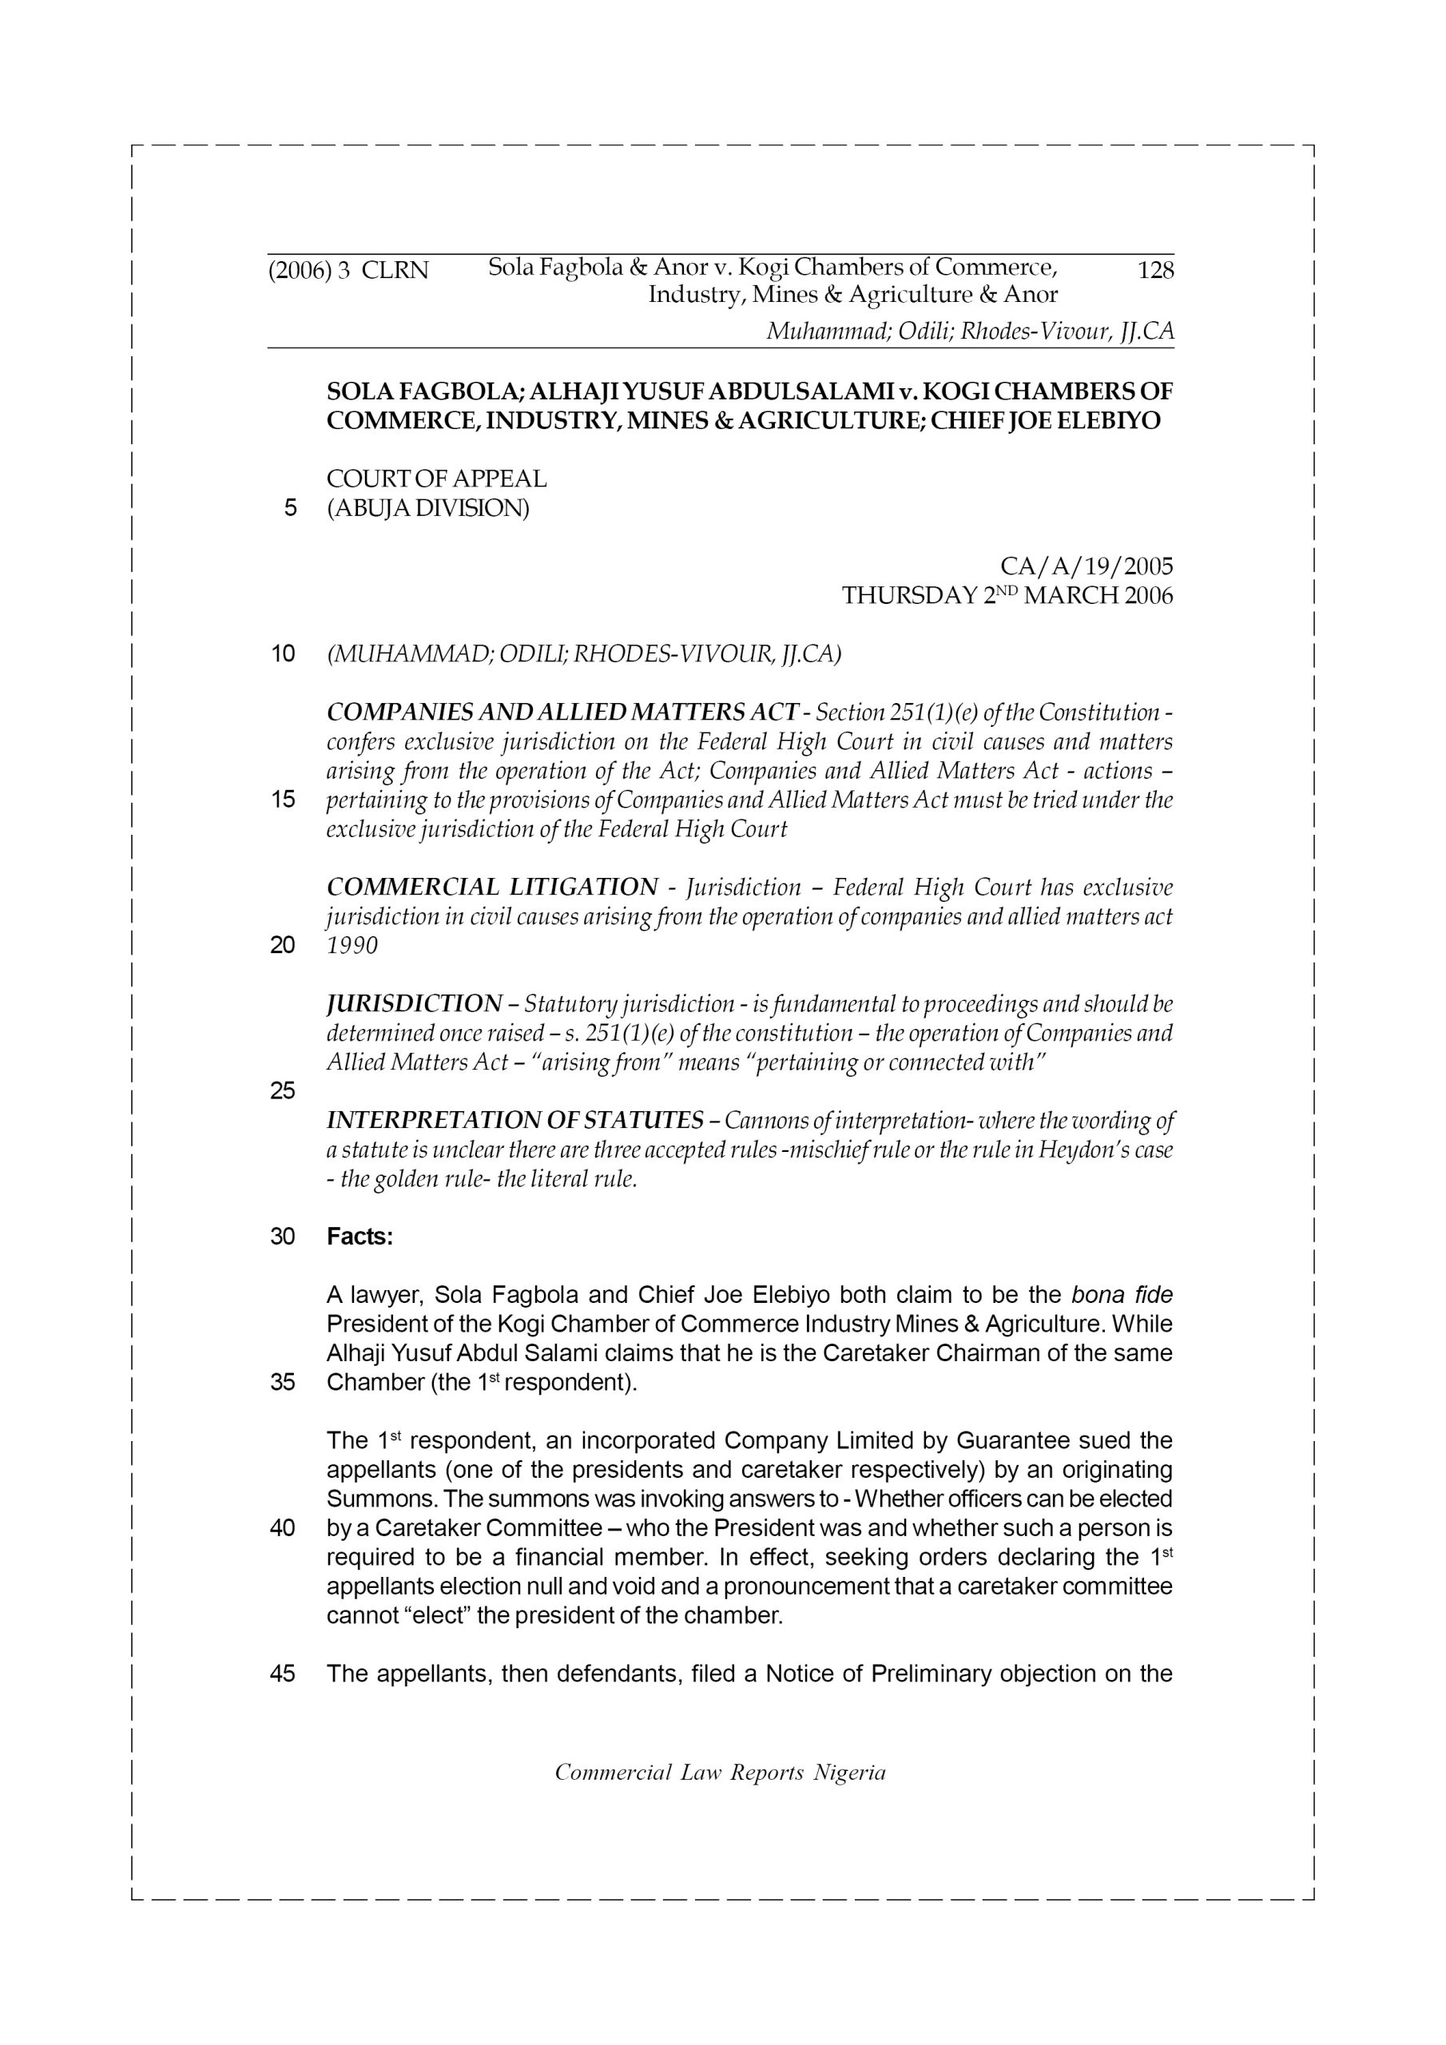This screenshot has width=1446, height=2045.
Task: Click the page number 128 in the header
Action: tap(1155, 270)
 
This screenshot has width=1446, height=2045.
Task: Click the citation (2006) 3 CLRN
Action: tap(348, 270)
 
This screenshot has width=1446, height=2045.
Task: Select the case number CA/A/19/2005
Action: tap(1086, 566)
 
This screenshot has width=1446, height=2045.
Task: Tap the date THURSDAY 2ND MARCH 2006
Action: tap(1007, 595)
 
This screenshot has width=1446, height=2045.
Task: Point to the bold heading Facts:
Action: tap(360, 1237)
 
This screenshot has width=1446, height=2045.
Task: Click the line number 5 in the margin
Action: tap(289, 509)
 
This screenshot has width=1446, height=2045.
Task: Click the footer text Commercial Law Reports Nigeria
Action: tap(720, 1773)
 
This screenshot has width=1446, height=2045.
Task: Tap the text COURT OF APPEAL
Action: tap(436, 479)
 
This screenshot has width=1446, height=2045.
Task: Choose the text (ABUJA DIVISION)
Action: tap(427, 509)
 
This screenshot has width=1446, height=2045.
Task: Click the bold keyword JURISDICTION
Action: tap(415, 1004)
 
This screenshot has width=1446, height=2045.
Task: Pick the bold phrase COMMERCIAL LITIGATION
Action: tap(492, 887)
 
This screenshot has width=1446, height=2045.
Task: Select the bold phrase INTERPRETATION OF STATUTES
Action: tap(515, 1121)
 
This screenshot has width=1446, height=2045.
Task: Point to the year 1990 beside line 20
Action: tap(352, 946)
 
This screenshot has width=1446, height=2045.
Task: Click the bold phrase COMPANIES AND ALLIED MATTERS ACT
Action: tap(562, 713)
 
